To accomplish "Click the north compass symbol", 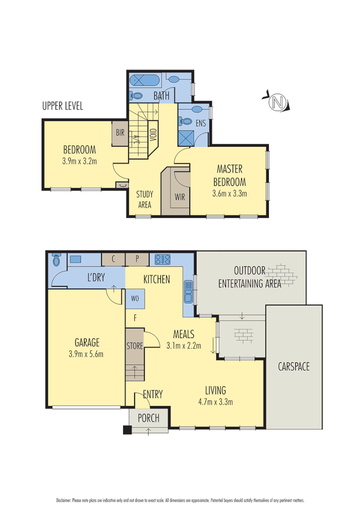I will point(278,102).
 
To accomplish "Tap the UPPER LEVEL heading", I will point(63,106).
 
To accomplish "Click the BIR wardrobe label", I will point(120,132).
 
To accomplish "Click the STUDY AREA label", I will point(145,199).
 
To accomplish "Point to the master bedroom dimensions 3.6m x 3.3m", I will point(229,193).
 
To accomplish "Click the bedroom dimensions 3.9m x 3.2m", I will point(79,161).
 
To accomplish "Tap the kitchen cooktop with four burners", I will point(162,259).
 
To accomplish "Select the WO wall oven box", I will point(135,299).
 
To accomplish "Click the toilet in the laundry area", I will point(57,260).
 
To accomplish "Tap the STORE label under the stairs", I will point(135,346).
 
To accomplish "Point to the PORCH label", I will point(149,418).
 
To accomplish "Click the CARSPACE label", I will point(294,366).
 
